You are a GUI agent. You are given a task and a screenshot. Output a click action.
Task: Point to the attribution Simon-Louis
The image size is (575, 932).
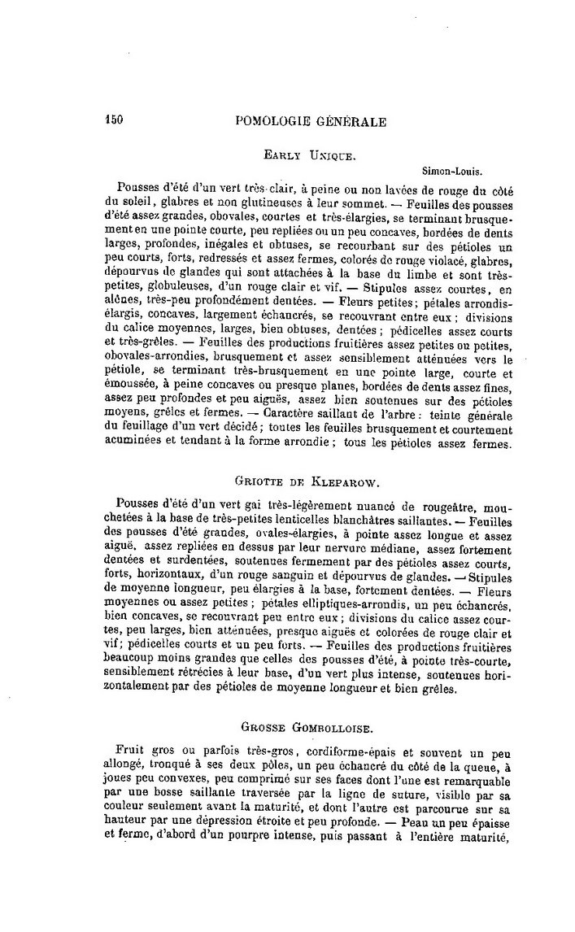(452, 172)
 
